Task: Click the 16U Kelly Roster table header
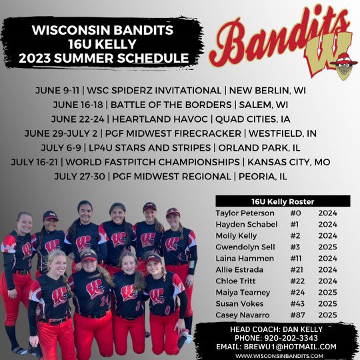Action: click(282, 201)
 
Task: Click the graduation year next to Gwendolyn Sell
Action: click(328, 247)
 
